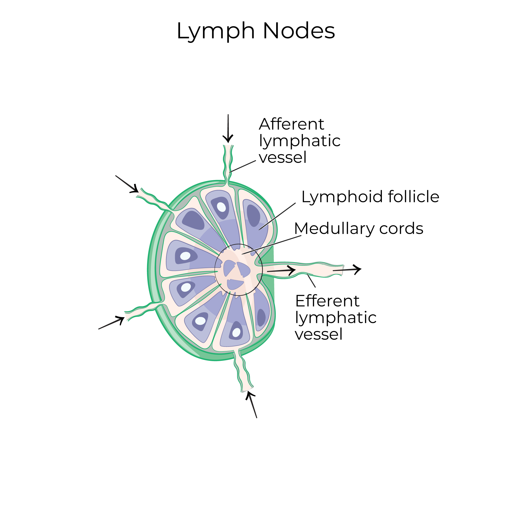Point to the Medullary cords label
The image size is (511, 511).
click(x=359, y=229)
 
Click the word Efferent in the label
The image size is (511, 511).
click(x=327, y=301)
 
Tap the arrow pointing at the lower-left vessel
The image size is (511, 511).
click(x=111, y=323)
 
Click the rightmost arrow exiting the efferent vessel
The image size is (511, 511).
click(x=347, y=270)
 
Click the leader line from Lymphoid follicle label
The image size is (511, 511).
click(x=277, y=216)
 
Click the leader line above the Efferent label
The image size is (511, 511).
click(x=311, y=281)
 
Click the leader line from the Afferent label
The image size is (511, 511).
click(x=243, y=166)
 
